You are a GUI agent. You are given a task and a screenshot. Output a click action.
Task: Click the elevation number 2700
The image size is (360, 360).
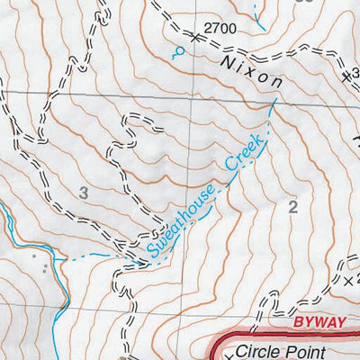point(220,29)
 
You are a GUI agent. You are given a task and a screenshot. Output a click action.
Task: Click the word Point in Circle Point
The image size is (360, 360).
point(325,342)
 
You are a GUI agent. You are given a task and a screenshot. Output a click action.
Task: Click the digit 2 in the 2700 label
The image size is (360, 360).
point(208,29)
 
